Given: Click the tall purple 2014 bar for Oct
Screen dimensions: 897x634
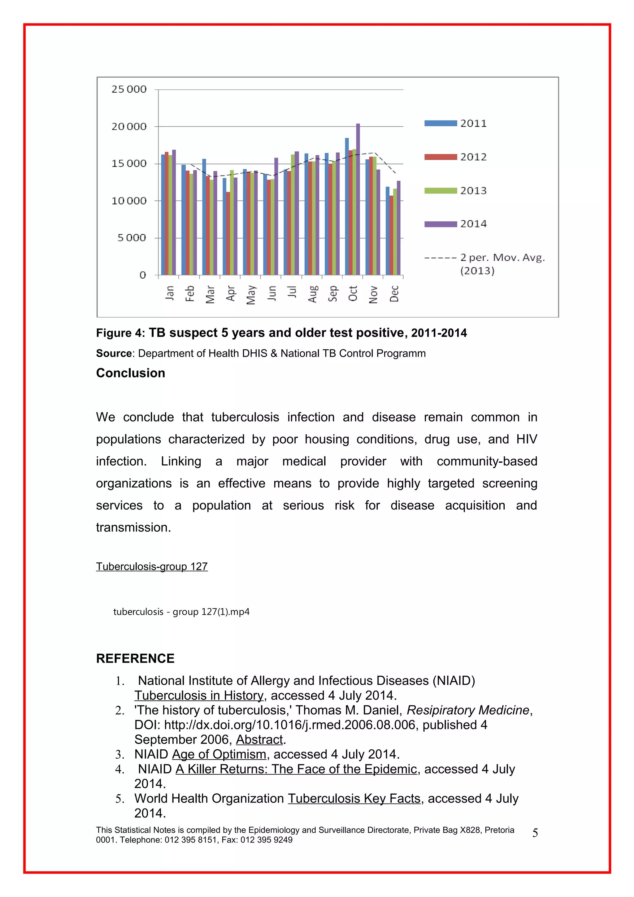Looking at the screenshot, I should (x=358, y=199).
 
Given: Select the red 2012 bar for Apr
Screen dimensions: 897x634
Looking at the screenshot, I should (x=228, y=233).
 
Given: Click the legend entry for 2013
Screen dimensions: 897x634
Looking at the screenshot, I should (x=455, y=191).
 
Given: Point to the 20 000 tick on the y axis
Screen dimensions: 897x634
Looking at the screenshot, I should (x=129, y=127).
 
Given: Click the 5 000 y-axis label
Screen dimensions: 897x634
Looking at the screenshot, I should (x=132, y=238).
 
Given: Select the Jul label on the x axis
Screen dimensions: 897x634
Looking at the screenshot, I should (x=292, y=292).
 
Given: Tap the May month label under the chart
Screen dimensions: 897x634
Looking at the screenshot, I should (x=251, y=295).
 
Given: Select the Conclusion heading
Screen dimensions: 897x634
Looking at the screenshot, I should (x=130, y=373).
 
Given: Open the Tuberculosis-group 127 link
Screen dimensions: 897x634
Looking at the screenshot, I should (x=152, y=566).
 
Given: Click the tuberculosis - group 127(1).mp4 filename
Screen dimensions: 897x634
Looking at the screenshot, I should (x=181, y=612).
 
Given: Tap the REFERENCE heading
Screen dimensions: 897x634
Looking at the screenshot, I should (x=135, y=659).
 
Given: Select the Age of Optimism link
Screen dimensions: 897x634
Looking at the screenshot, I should (x=219, y=754).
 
